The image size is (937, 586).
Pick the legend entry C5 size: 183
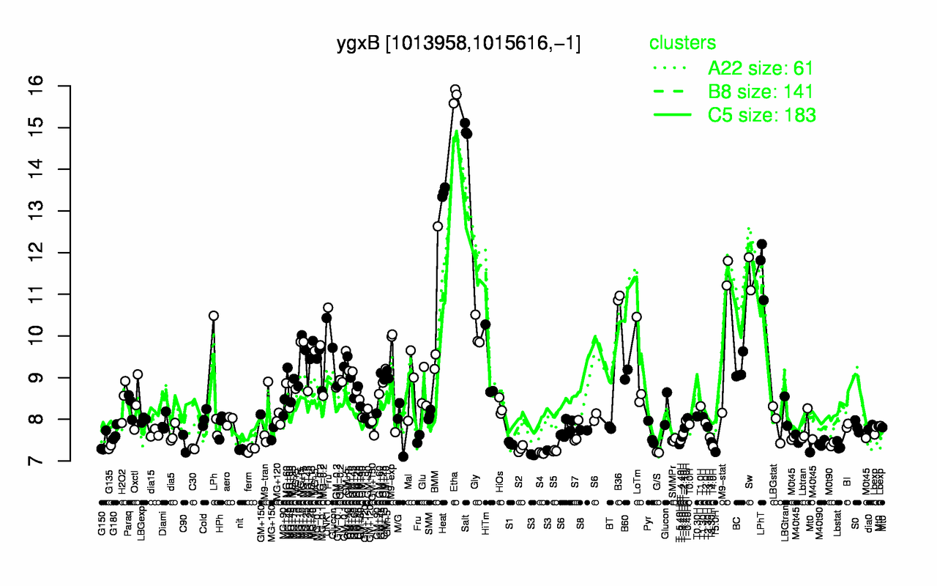click(x=762, y=115)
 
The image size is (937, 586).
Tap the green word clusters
click(x=682, y=43)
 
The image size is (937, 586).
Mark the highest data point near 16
click(x=455, y=89)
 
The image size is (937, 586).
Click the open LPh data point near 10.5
click(x=214, y=316)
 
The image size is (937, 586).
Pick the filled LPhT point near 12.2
click(x=761, y=244)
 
